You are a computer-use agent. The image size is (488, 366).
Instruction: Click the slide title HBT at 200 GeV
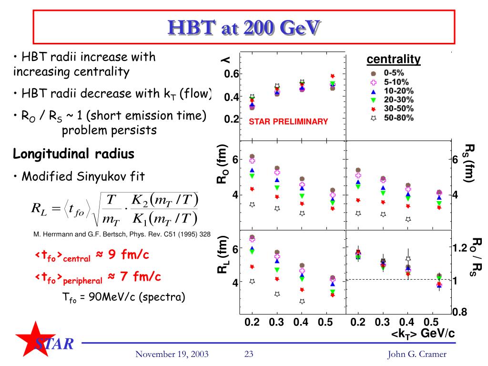244,27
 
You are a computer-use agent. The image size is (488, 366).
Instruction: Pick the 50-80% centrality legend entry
392,118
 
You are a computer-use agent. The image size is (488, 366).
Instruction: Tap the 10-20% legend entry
392,91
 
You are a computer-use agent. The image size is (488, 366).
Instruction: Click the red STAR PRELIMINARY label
288,122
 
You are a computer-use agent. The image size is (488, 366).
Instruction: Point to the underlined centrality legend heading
393,59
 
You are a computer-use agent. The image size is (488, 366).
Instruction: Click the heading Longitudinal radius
73,154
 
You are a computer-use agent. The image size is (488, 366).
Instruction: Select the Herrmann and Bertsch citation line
122,234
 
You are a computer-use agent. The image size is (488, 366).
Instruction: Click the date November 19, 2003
172,354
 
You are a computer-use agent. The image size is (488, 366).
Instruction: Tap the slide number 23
249,354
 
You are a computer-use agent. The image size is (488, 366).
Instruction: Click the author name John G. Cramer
417,354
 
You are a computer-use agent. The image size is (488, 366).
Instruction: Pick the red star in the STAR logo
34,339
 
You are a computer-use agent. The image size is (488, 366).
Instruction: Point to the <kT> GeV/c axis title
423,333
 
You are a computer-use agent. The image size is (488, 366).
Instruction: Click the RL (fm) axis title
223,254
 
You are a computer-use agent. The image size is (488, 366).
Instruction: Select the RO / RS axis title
477,257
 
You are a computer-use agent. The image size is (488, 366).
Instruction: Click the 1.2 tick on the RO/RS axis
460,248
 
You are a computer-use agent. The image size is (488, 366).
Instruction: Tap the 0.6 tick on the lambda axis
232,74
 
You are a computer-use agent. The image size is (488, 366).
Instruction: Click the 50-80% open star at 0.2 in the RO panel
252,204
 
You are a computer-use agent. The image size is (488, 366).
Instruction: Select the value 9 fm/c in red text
129,254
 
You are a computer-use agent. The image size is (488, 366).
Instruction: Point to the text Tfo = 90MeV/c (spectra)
123,297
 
